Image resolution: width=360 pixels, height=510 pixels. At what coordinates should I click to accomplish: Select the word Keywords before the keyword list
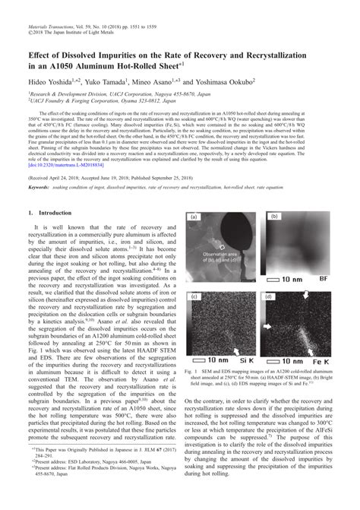(38, 207)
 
